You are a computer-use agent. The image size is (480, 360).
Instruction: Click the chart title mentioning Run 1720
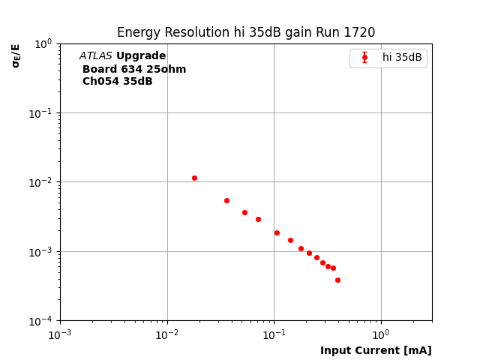[x=246, y=32]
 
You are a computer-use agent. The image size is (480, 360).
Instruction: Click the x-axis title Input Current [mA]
[x=376, y=350]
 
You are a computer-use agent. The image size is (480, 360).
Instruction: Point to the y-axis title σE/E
[x=16, y=55]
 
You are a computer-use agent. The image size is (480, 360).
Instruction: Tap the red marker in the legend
[x=364, y=58]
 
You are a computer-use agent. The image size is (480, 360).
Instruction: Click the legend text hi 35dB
[x=402, y=58]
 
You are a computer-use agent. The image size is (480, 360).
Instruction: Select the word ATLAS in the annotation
[x=96, y=56]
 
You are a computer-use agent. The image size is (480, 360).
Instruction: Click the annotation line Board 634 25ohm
[x=134, y=69]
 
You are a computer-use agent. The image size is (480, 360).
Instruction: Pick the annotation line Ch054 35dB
[x=117, y=82]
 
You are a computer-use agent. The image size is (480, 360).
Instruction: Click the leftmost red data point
[x=194, y=178]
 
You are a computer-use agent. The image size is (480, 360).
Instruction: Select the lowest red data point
[x=337, y=280]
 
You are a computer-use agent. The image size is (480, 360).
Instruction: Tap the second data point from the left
[x=226, y=200]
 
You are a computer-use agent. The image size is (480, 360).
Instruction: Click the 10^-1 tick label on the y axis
[x=41, y=112]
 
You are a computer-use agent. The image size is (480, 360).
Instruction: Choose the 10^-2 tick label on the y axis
[x=41, y=182]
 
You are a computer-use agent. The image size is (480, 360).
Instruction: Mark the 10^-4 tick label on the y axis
[x=41, y=321]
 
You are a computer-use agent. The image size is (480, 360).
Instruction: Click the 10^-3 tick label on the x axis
[x=60, y=334]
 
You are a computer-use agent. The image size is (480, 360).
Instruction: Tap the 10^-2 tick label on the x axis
[x=167, y=334]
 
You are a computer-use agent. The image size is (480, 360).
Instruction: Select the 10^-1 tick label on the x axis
[x=274, y=334]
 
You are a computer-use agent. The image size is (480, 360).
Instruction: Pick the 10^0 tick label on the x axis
[x=381, y=334]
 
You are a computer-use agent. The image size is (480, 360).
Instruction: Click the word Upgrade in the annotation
[x=141, y=56]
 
